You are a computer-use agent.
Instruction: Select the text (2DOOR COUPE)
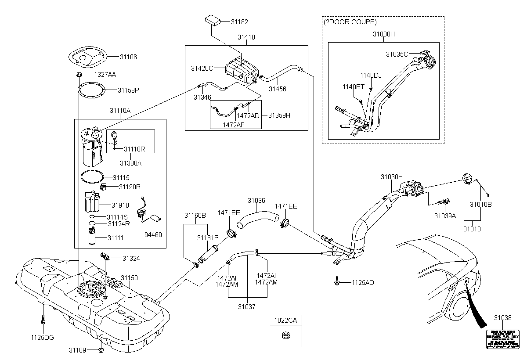[x=350, y=22]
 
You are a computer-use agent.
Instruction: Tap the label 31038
[x=502, y=317]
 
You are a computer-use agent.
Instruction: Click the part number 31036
[x=256, y=201]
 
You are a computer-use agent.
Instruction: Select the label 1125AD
[x=363, y=282]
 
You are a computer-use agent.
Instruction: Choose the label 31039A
[x=445, y=216]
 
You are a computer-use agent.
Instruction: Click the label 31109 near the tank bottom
[x=78, y=350]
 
